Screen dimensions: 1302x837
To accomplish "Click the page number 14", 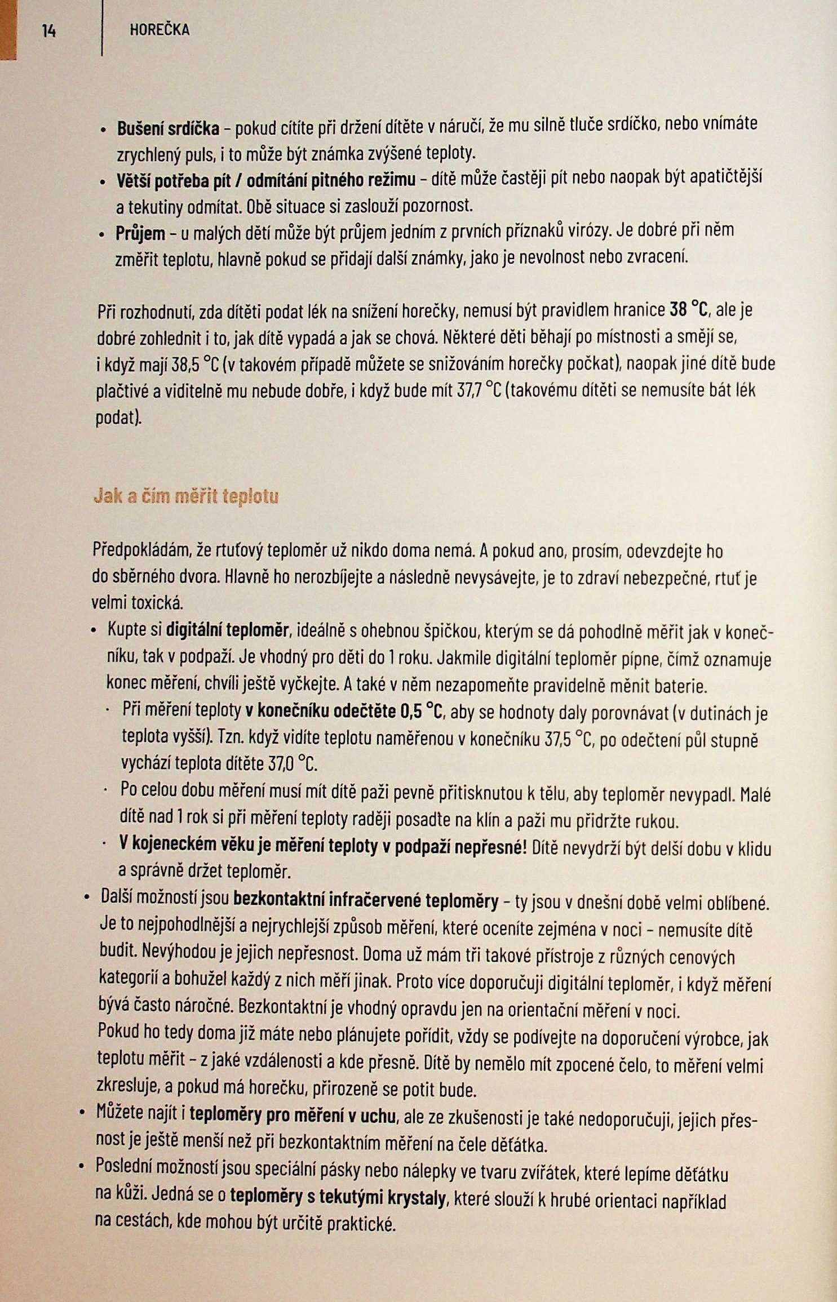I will pyautogui.click(x=49, y=30).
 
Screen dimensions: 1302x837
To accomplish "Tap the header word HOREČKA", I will pyautogui.click(x=160, y=30).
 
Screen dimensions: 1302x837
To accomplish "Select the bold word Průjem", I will pyautogui.click(x=140, y=234).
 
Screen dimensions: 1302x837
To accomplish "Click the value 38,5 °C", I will pyautogui.click(x=194, y=365).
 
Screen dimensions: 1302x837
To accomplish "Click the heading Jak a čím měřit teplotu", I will pyautogui.click(x=186, y=496).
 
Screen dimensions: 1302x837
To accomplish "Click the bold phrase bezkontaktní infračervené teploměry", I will pyautogui.click(x=365, y=901).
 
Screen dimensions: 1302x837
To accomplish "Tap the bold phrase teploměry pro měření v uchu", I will pyautogui.click(x=292, y=1114).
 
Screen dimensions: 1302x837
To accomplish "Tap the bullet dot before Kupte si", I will pyautogui.click(x=94, y=631).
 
